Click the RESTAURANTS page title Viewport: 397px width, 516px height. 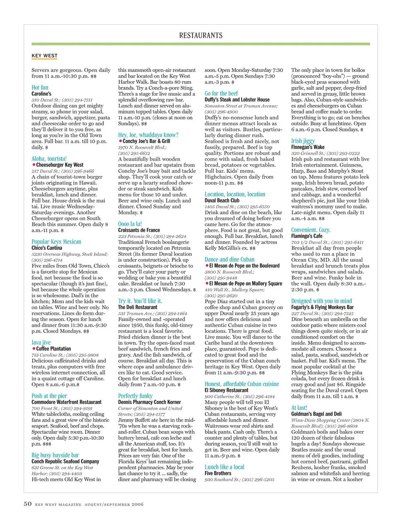[201, 36]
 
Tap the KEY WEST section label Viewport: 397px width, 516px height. [45, 56]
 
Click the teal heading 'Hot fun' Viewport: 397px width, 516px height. [40, 88]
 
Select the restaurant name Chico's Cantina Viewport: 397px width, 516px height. [47, 248]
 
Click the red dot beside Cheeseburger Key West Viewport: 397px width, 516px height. [33, 165]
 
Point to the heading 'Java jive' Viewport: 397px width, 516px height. [41, 342]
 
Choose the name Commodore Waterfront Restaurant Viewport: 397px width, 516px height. [66, 402]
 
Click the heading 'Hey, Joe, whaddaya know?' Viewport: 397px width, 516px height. [148, 135]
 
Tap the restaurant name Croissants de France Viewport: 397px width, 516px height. [139, 230]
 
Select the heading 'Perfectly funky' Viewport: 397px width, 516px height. [135, 396]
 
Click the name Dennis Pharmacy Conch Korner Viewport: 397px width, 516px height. [149, 402]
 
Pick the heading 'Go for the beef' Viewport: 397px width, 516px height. [221, 93]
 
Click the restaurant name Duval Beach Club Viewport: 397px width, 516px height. [222, 201]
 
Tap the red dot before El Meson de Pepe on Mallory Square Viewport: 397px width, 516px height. [207, 284]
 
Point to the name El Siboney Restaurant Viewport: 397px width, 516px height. [227, 390]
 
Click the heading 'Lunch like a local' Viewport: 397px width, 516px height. [224, 467]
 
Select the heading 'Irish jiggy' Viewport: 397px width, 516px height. [303, 141]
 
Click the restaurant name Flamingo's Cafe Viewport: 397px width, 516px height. [306, 236]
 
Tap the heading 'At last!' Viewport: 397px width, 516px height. [299, 408]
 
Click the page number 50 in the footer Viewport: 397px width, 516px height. [27, 504]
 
